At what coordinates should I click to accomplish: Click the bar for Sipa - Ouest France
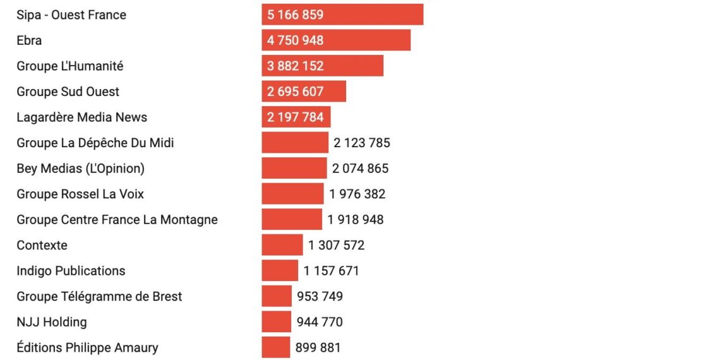(x=342, y=15)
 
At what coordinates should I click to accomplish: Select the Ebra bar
(x=336, y=40)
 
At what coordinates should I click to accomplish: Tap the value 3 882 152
(x=295, y=66)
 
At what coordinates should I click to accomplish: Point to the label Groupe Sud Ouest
(x=68, y=92)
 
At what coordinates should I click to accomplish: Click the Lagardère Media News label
(x=81, y=117)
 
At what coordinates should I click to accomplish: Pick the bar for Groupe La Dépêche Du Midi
(x=295, y=143)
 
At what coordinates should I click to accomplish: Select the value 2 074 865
(x=361, y=169)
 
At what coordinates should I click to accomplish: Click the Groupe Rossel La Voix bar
(x=293, y=195)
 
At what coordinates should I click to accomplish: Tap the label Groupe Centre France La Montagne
(x=117, y=220)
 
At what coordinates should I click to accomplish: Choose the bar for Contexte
(x=282, y=245)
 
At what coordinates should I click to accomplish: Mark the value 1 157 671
(x=331, y=271)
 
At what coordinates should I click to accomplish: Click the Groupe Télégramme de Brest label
(x=99, y=297)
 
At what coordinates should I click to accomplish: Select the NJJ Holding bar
(x=277, y=322)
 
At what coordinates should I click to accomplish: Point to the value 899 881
(x=318, y=347)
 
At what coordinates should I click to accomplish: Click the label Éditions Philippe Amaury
(x=87, y=347)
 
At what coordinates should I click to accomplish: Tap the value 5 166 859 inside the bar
(x=295, y=15)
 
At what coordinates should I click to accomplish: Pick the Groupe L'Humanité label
(x=70, y=66)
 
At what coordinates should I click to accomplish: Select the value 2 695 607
(x=295, y=92)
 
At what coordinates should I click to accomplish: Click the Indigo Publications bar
(x=280, y=271)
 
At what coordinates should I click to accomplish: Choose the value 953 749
(x=320, y=297)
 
